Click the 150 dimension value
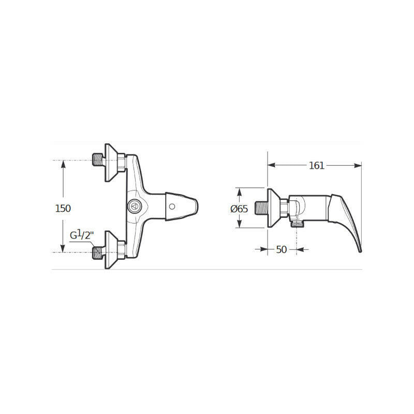coord(63,209)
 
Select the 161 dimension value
coord(317,166)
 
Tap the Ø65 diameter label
coord(239,209)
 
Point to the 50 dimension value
coord(282,249)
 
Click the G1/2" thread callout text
coord(82,235)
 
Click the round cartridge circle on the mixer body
coord(135,206)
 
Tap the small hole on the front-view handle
coord(172,206)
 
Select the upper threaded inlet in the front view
coord(98,160)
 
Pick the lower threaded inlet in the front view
coord(98,253)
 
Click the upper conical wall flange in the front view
coord(111,162)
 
